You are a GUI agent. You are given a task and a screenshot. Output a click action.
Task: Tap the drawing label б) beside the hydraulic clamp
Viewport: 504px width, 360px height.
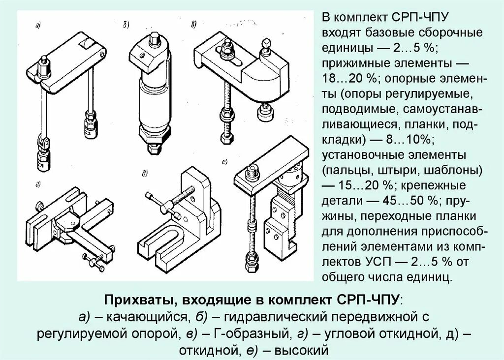[126, 24]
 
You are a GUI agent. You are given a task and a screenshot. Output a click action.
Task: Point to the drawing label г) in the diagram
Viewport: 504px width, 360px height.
[38, 184]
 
